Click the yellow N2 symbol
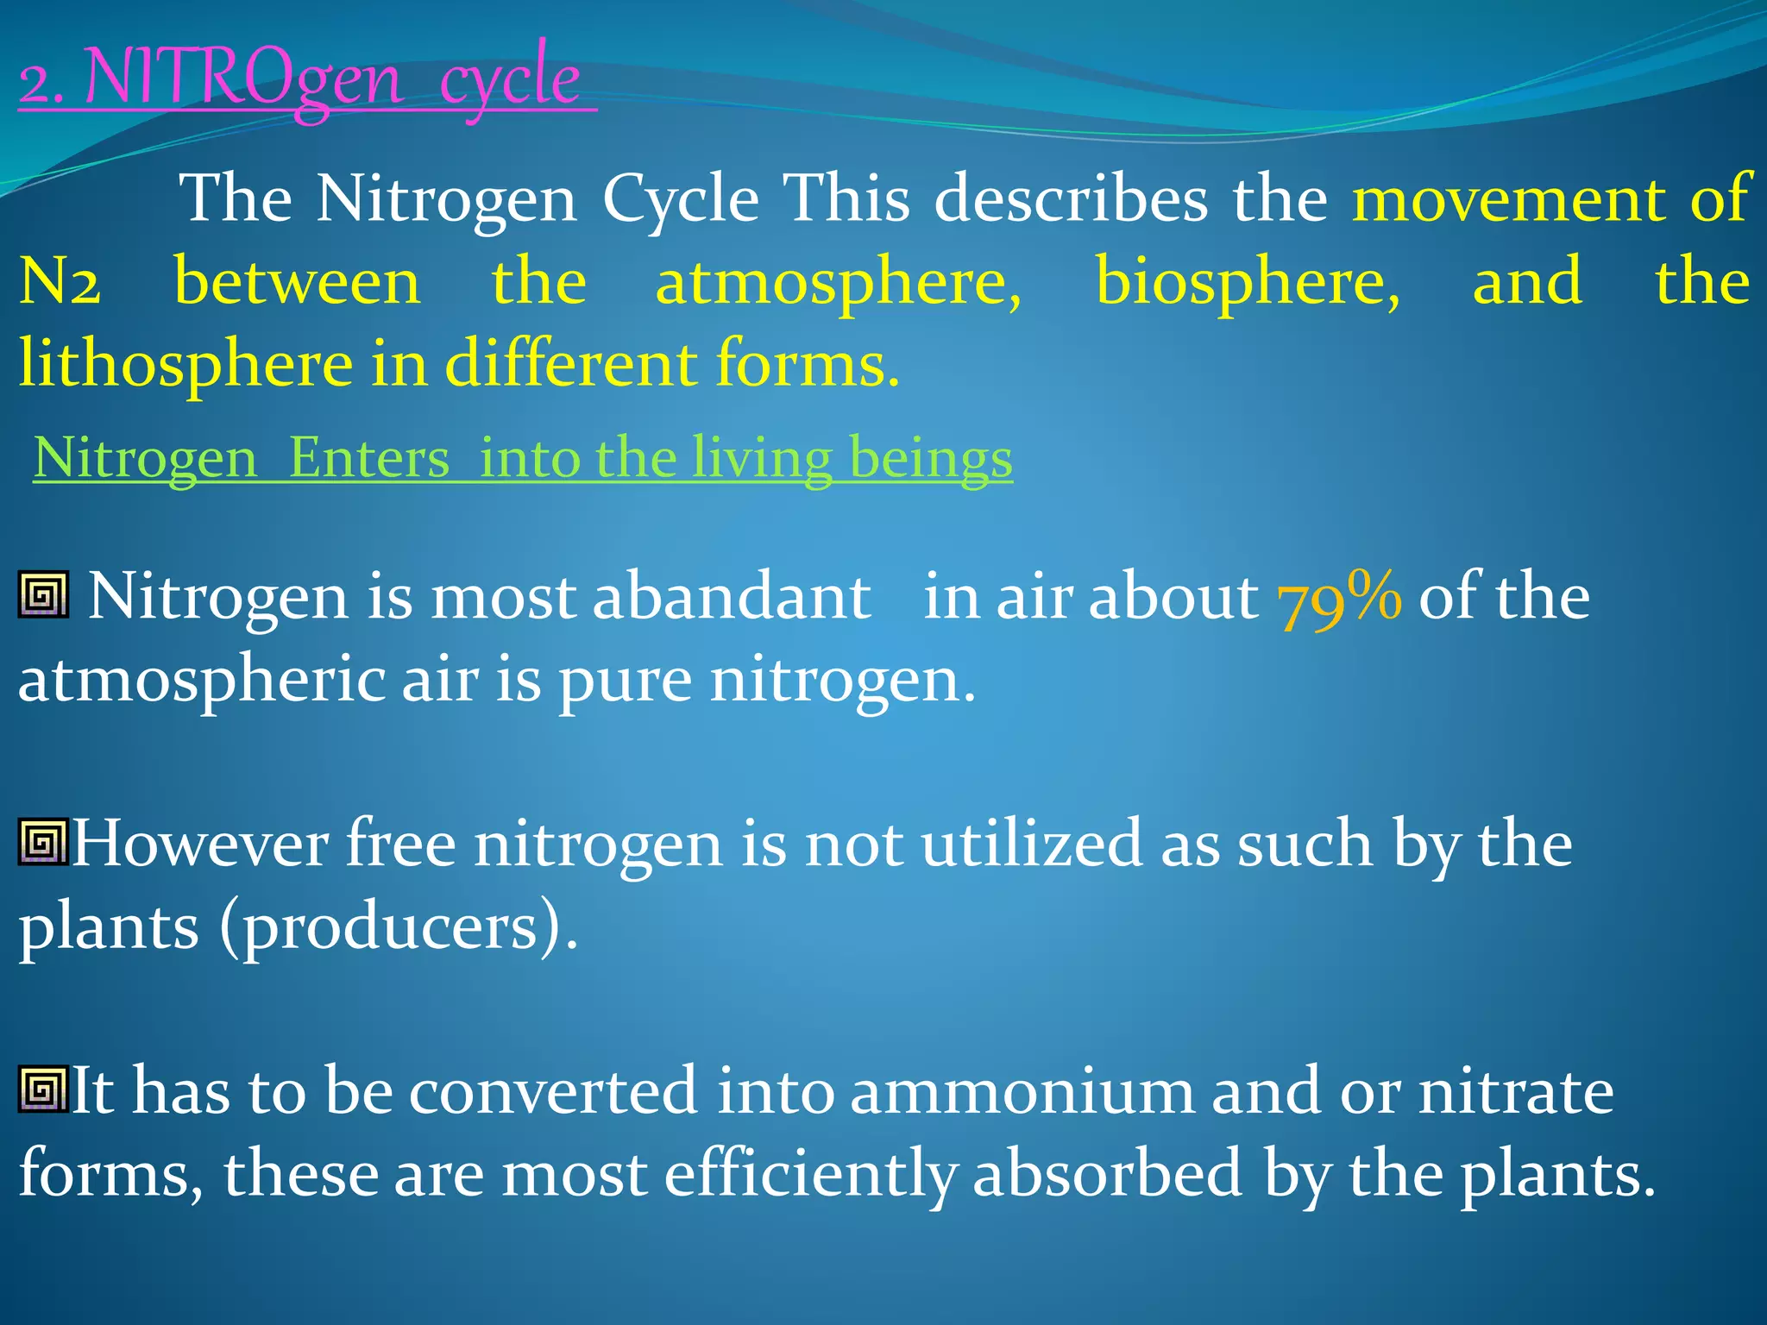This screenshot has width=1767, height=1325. (60, 283)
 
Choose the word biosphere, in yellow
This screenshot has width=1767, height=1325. (1248, 283)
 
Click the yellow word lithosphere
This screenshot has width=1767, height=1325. (186, 364)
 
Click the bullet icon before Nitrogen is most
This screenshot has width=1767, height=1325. (43, 594)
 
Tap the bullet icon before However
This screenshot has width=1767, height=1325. (43, 842)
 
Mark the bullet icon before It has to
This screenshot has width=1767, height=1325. (43, 1090)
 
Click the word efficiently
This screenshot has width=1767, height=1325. (810, 1175)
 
